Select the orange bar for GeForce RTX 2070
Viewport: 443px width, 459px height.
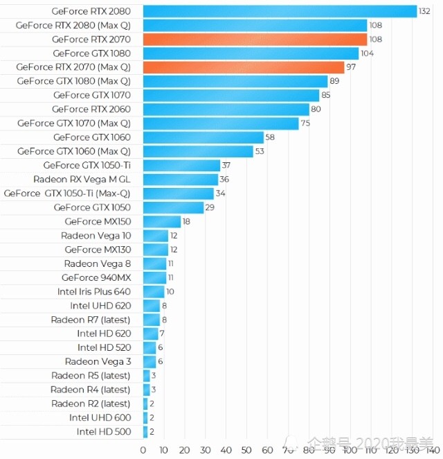tap(255, 40)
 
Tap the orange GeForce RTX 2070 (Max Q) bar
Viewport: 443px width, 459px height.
tap(243, 67)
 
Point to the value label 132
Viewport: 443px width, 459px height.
tap(426, 11)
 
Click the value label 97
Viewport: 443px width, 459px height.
tap(352, 67)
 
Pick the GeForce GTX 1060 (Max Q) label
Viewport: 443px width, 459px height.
tap(73, 151)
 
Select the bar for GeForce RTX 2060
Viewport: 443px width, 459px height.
tap(226, 109)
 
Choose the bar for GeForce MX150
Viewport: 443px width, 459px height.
tap(161, 221)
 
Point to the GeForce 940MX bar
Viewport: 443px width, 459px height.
tap(154, 277)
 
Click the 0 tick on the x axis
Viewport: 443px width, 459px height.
tap(143, 450)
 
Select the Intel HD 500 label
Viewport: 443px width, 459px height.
tap(104, 431)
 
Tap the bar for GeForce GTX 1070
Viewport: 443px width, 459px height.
tap(231, 95)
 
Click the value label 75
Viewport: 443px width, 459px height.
tap(305, 123)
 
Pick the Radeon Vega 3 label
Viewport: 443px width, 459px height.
tap(98, 361)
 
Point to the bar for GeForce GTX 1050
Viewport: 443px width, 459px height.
tap(173, 207)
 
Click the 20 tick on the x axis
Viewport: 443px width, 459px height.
tap(185, 450)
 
